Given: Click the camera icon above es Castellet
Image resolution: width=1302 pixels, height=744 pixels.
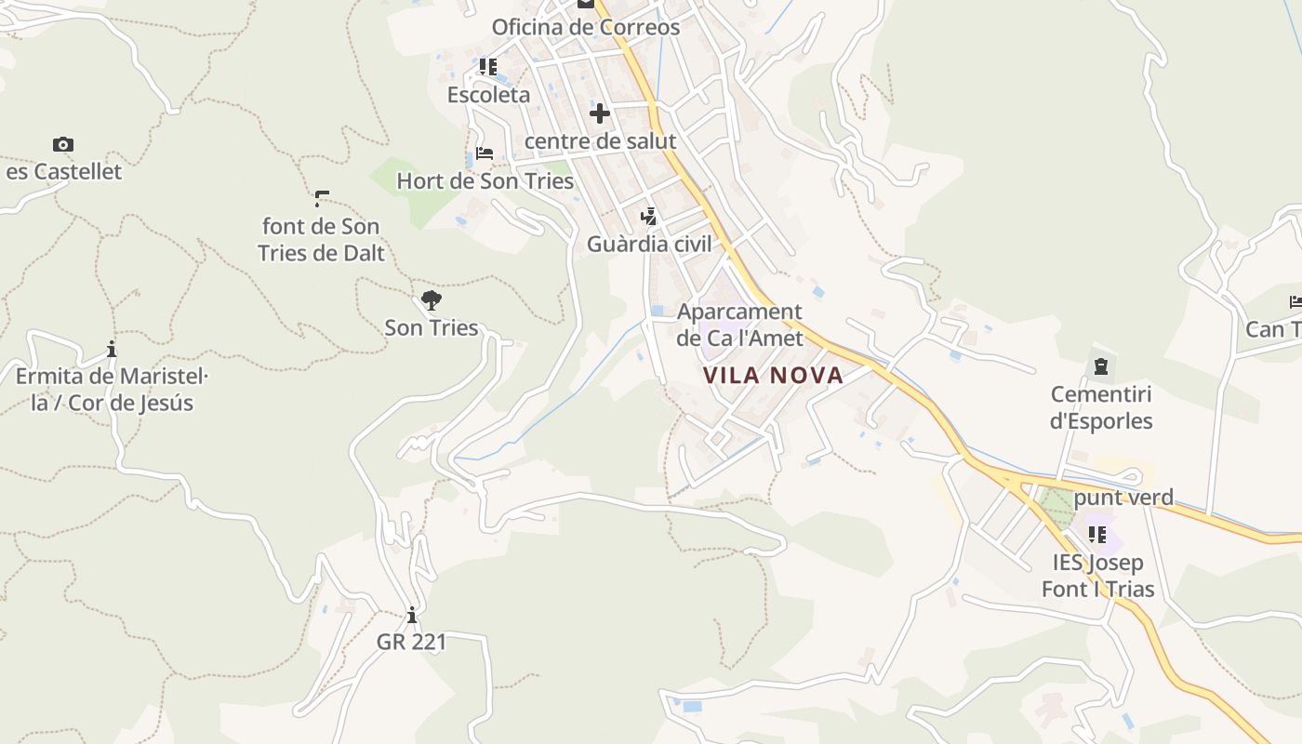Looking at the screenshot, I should [63, 144].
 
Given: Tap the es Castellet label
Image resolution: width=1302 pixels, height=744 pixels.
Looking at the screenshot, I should [64, 171].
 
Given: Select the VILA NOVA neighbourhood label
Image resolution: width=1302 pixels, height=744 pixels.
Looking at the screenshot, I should [773, 376].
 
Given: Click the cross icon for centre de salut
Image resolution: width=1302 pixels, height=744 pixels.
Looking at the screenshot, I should [600, 113].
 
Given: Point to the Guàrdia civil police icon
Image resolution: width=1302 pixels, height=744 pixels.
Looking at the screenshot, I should [649, 217].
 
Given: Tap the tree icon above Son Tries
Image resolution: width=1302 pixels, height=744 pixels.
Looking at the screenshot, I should [431, 299].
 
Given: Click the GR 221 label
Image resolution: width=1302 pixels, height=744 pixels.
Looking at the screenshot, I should [411, 642].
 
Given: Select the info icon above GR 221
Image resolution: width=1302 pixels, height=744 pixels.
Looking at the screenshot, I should [411, 615].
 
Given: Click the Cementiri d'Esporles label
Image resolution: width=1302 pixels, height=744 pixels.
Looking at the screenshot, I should [1101, 407].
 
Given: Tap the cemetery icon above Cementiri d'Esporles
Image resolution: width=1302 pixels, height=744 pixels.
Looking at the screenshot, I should [1101, 366].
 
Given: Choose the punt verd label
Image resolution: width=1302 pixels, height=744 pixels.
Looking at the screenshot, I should [1123, 498].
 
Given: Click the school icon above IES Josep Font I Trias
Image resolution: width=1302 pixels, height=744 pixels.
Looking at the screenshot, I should [1097, 535].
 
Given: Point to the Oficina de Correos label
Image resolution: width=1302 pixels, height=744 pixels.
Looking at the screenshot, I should [586, 27].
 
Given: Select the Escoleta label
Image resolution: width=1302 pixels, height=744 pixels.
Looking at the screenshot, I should [488, 95].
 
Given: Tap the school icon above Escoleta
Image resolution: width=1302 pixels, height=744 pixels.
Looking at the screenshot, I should [488, 67].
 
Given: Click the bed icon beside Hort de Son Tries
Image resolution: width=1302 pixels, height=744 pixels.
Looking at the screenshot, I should [484, 153].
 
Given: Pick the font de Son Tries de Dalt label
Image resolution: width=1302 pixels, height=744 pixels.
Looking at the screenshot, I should [321, 239].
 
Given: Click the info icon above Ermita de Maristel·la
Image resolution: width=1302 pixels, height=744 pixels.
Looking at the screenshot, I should [112, 350].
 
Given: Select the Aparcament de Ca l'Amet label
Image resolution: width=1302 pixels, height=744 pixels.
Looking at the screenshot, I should [739, 325].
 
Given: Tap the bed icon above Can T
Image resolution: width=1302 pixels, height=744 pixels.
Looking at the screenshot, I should [1295, 301].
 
